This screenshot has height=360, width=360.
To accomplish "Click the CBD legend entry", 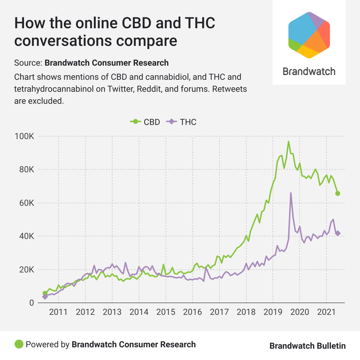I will pos(145,122).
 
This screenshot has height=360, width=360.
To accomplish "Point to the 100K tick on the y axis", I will pos(25,137).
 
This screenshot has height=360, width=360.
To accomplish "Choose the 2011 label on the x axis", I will pos(58,312).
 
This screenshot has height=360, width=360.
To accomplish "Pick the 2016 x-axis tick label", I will pos(192,312).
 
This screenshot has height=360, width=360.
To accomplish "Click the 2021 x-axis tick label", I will pos(326,312).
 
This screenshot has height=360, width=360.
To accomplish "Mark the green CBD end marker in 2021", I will pos(338,193).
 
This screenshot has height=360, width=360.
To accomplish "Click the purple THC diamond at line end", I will pos(338,233).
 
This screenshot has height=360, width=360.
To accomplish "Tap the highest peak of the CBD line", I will pos(288,142).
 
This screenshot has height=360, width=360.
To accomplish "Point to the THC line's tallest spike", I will pos(291,193).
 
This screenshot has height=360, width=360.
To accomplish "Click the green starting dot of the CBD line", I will pos(45,293).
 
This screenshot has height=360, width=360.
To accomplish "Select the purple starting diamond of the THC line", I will pos(45,297).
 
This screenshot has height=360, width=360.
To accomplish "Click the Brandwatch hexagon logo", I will pos(309,35).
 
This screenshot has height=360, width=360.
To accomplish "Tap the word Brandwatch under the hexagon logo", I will pos(309,71).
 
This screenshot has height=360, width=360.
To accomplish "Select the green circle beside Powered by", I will pos(19,344).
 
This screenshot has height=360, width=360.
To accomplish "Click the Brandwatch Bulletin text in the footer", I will pos(307,346).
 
